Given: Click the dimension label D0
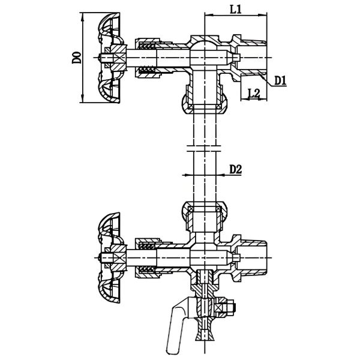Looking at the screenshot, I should point(76,58).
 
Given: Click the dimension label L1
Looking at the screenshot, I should point(235,9).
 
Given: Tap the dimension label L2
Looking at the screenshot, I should point(253,93).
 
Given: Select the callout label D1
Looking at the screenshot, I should point(280,80).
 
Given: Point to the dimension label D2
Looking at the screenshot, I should point(235,170).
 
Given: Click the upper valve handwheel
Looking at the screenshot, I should point(111,58).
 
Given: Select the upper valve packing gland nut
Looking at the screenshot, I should point(147,58).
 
